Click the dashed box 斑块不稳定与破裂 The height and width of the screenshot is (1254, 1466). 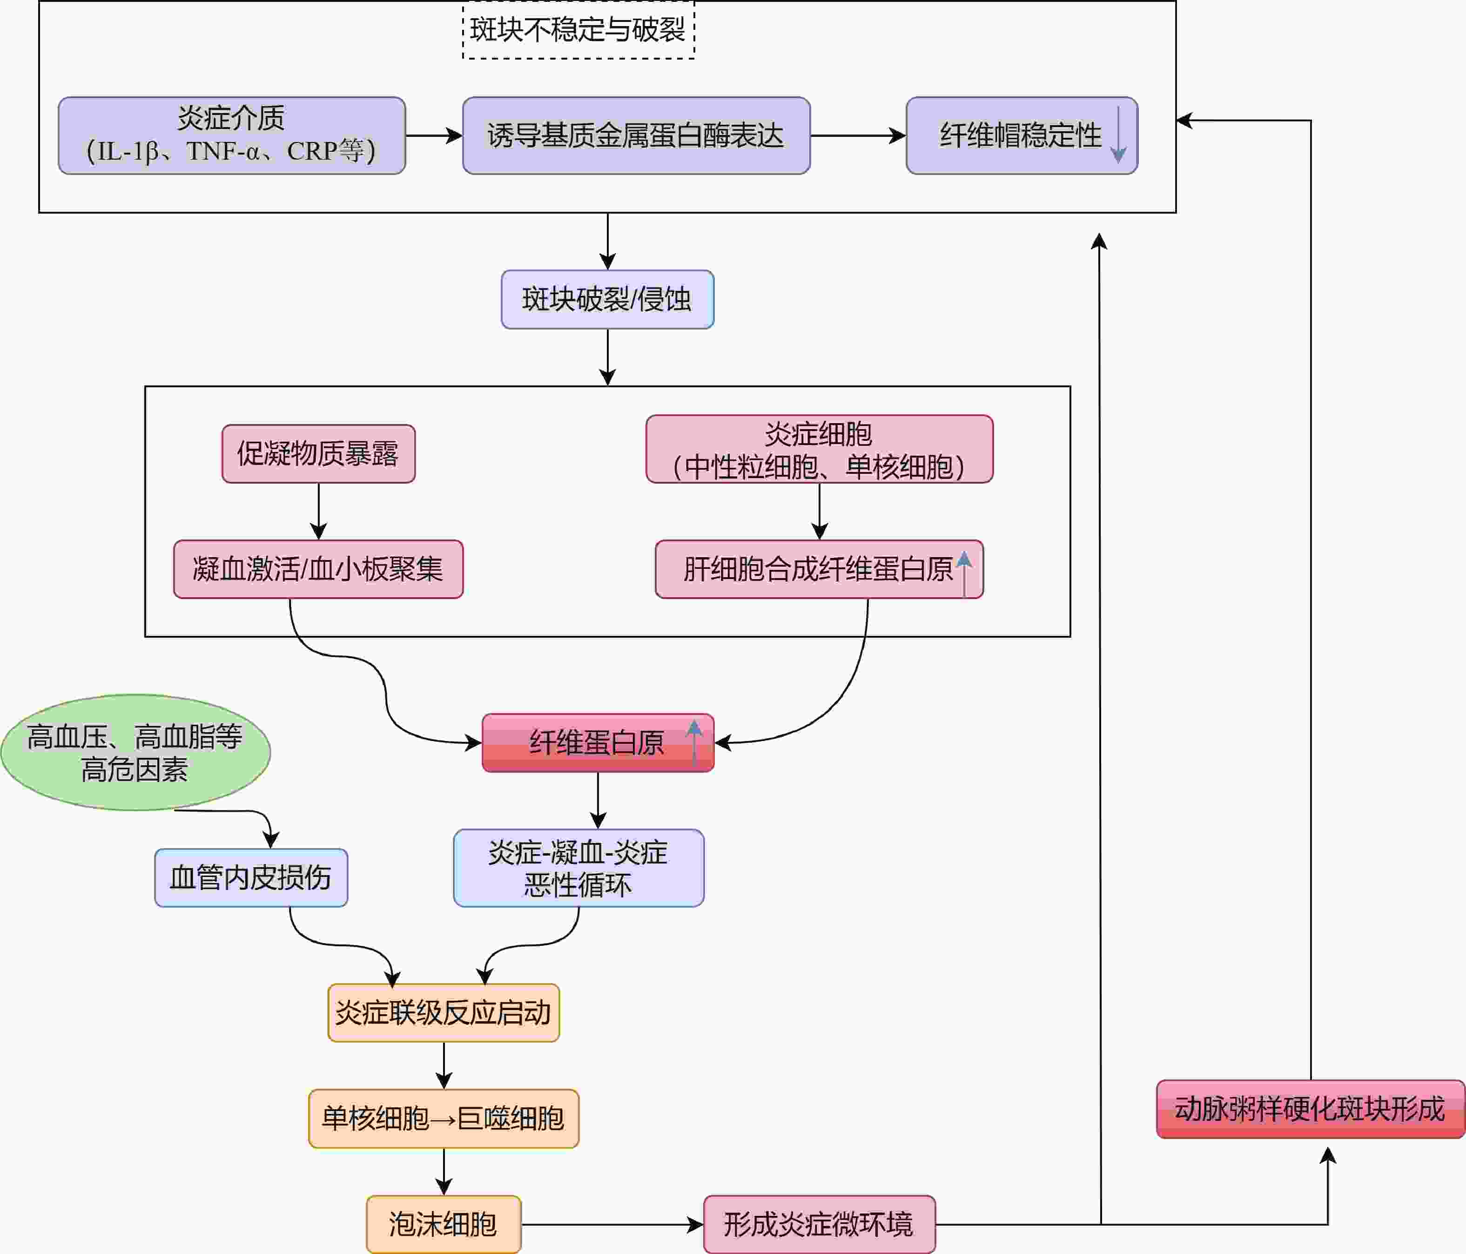578,30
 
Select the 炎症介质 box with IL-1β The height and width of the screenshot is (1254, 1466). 231,135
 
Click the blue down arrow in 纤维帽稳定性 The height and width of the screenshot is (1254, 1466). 1118,135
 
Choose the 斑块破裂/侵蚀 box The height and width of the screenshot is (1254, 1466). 607,299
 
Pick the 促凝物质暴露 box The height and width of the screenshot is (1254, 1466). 318,454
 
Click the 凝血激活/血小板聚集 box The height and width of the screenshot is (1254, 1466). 318,569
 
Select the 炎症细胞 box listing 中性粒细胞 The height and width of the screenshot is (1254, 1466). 819,449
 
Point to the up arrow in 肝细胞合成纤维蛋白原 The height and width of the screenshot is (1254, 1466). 964,573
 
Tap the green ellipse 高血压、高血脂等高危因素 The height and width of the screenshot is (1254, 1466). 135,752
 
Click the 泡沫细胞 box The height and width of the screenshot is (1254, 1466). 443,1224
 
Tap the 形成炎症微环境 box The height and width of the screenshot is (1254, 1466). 819,1224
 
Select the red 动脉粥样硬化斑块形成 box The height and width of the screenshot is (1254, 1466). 1310,1109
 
